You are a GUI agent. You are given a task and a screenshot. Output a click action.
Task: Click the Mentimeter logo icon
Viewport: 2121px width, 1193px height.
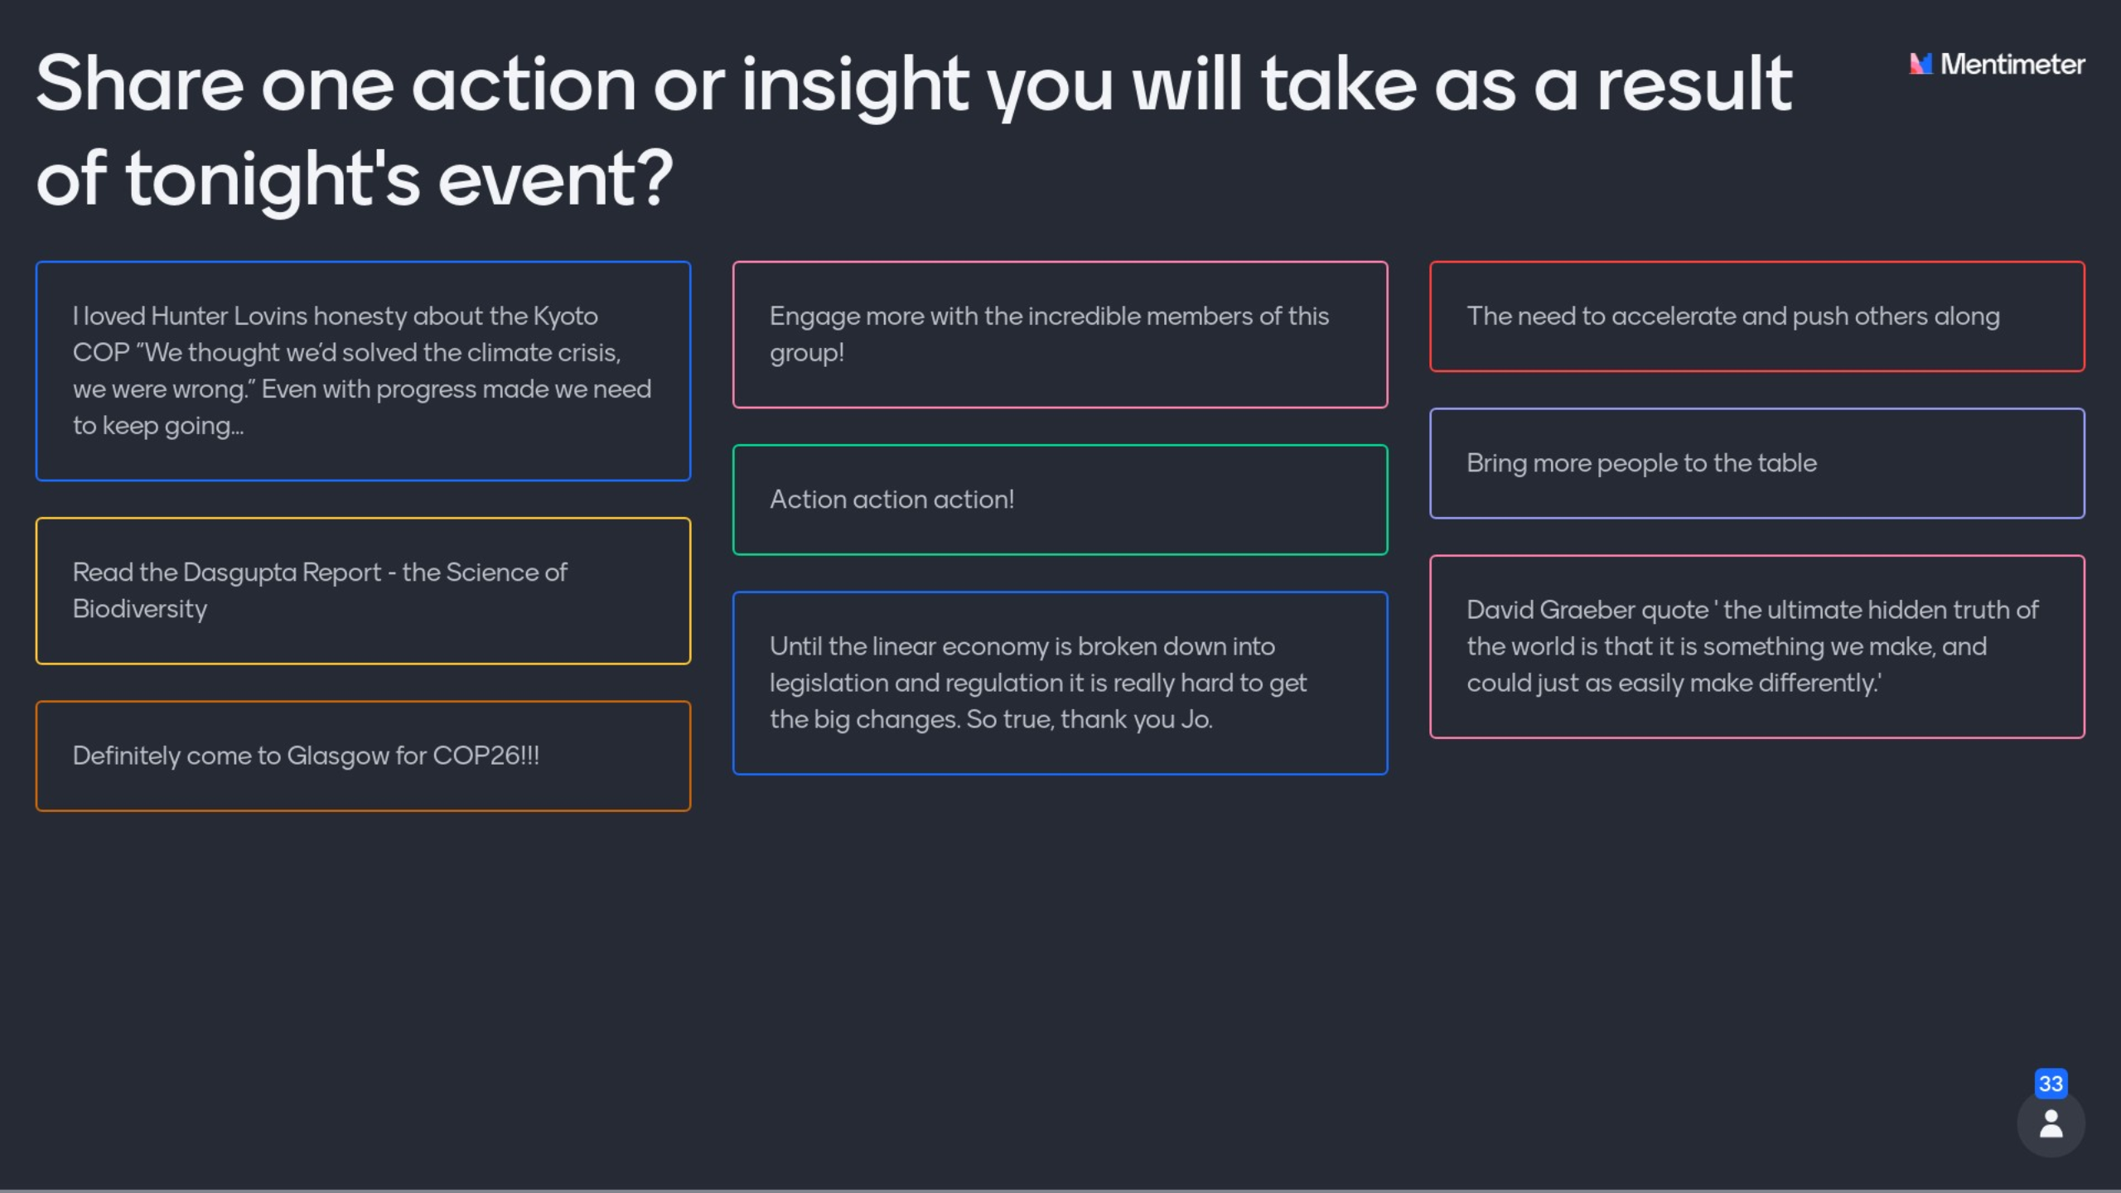(1920, 64)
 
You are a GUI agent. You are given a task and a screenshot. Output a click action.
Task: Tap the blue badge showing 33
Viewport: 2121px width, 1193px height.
(2051, 1084)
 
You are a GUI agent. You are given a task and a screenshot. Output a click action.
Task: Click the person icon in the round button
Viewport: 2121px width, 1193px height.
(2051, 1124)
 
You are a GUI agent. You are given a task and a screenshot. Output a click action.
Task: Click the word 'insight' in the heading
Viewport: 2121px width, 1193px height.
(855, 86)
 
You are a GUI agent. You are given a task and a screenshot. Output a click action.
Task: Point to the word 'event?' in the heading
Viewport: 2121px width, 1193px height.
(555, 179)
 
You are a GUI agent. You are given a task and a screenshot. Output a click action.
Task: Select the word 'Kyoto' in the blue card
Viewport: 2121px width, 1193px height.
(565, 317)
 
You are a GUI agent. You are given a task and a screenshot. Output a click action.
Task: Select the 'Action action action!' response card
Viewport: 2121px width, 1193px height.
(1060, 500)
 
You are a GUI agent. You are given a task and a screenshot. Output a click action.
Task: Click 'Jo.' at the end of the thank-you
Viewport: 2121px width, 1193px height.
(1196, 719)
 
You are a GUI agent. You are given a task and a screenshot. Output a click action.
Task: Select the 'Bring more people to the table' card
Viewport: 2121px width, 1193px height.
(1756, 463)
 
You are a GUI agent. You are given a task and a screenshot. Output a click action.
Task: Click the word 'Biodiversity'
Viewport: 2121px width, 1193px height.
(140, 610)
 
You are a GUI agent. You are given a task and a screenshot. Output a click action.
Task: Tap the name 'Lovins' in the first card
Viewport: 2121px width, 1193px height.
(270, 316)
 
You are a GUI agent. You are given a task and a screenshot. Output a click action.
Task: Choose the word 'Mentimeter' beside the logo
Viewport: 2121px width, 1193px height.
(2012, 64)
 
